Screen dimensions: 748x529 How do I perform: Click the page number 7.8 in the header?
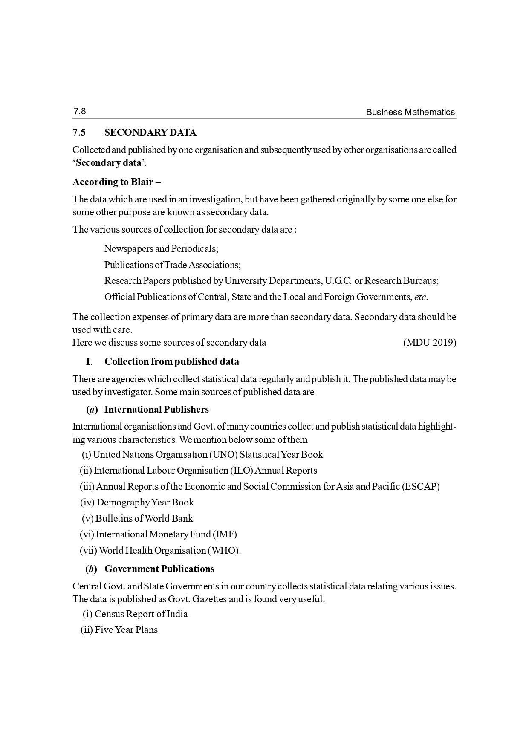click(79, 112)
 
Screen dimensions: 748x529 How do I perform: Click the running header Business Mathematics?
click(410, 113)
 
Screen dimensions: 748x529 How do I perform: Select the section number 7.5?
click(79, 133)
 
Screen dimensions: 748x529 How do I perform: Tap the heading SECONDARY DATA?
click(150, 133)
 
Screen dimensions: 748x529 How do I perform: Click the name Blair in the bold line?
click(142, 182)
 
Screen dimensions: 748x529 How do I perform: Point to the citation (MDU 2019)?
click(429, 343)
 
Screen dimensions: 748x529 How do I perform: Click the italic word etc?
click(420, 297)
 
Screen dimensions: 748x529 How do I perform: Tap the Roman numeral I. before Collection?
click(89, 362)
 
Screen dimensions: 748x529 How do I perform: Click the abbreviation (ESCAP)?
click(420, 487)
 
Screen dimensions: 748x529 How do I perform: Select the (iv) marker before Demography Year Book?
click(87, 503)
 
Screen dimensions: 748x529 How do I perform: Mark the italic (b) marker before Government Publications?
click(91, 569)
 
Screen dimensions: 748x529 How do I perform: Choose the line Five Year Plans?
click(126, 630)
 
